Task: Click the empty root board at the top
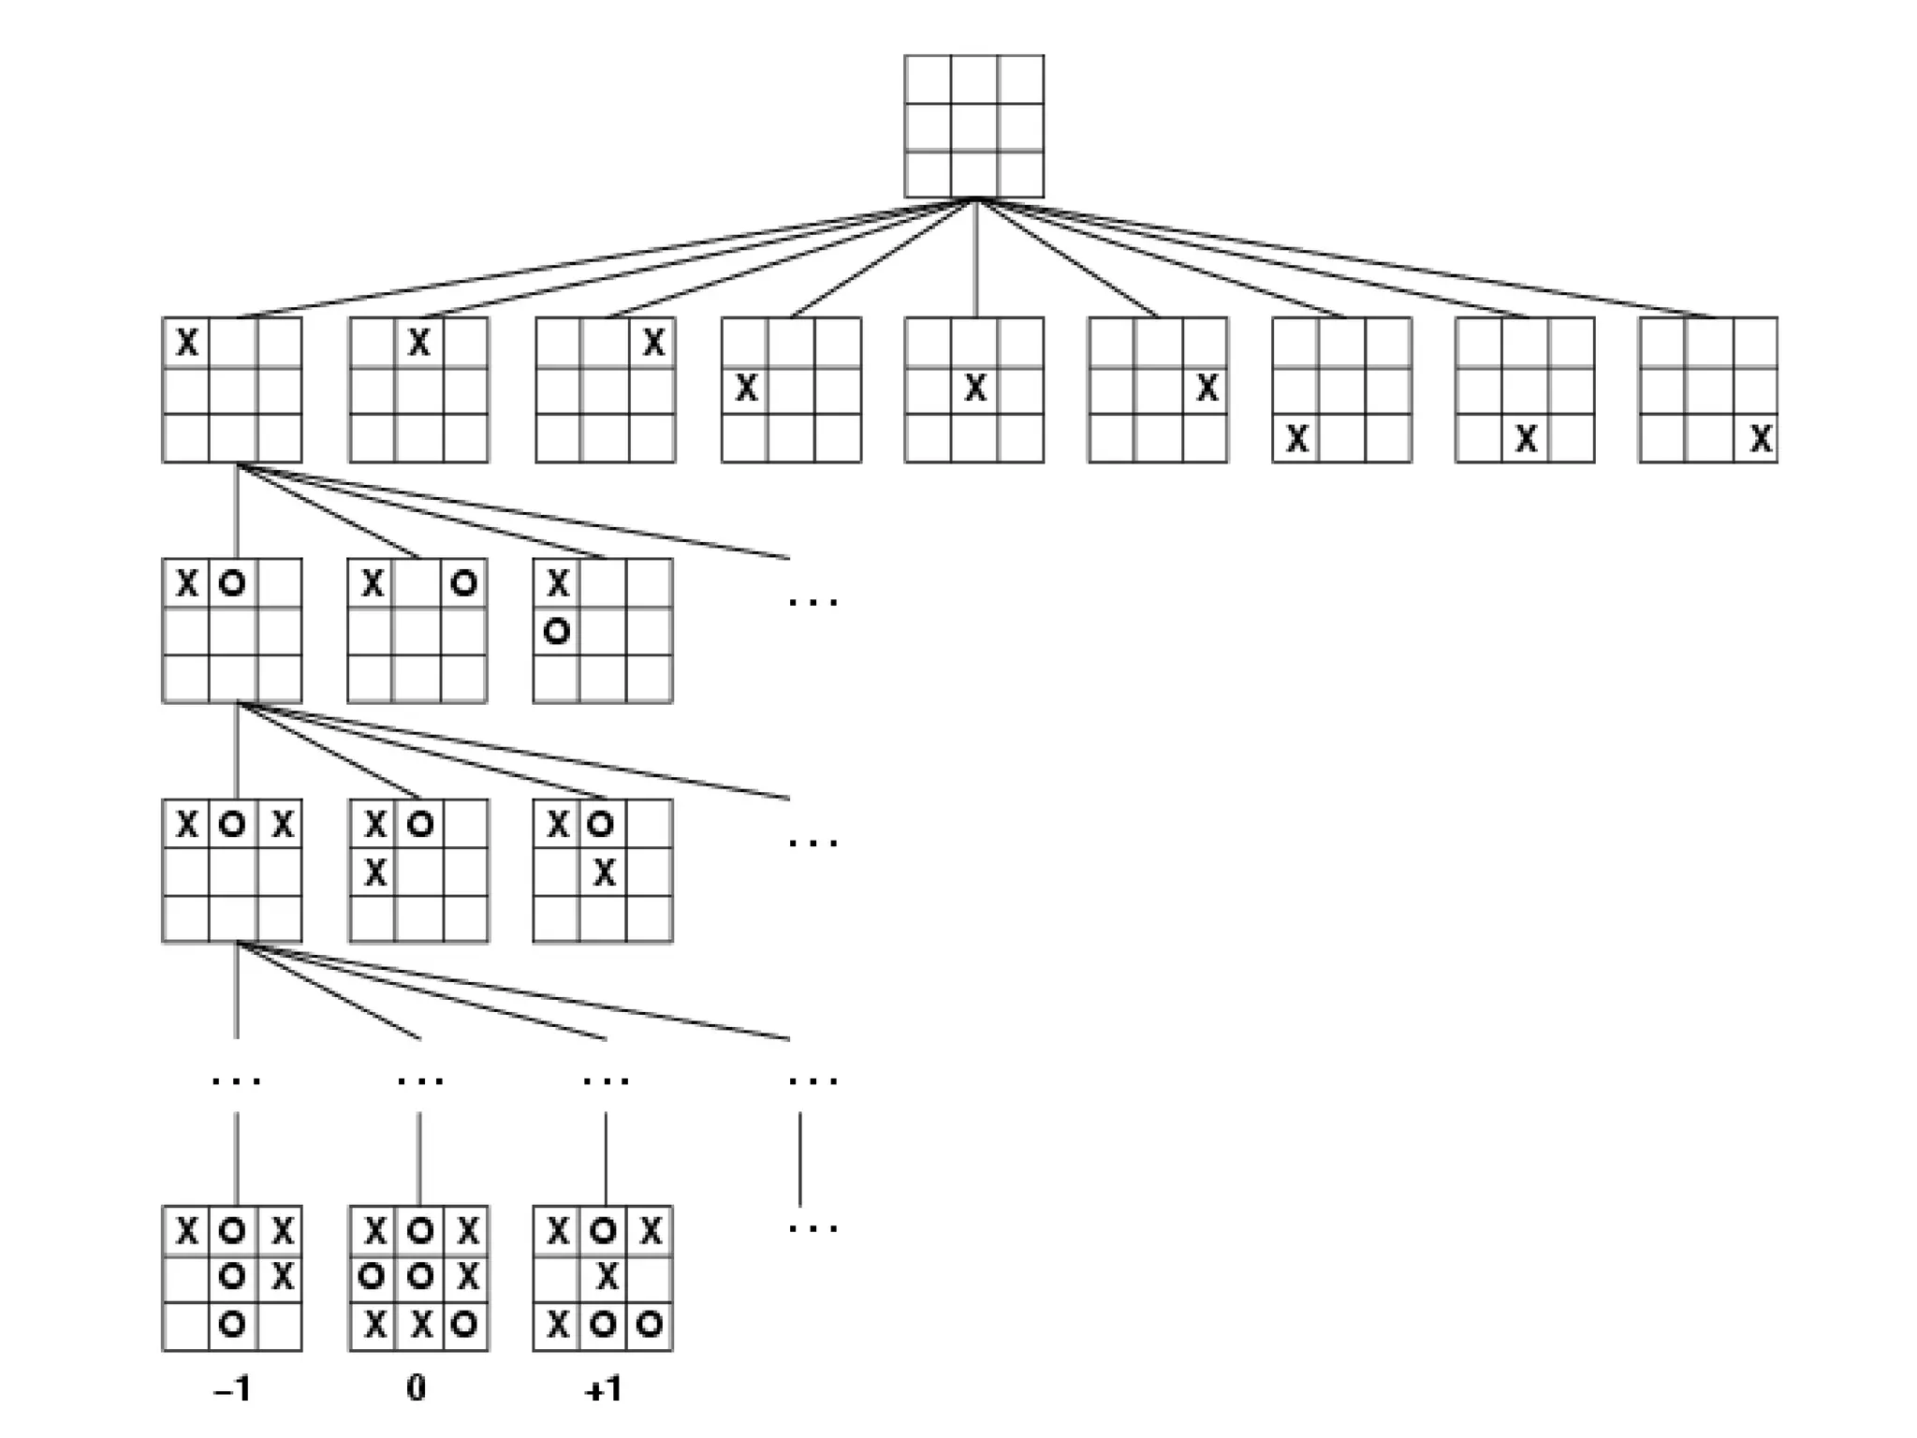973,126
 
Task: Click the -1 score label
232,1390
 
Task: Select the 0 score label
417,1387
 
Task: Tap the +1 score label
603,1390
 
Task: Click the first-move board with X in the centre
973,389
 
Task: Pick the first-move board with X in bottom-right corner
1707,389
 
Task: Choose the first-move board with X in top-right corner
605,389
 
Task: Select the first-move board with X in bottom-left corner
1341,389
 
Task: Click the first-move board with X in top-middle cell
418,389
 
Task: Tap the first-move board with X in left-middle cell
791,389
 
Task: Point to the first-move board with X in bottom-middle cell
1525,389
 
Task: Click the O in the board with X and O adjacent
231,584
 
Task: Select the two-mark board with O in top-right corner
417,630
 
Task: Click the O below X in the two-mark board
557,633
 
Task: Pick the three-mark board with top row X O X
232,871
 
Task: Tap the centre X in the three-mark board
605,873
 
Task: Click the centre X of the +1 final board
606,1276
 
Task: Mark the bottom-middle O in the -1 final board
232,1324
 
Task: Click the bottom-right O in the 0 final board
464,1324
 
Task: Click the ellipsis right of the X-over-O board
812,602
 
